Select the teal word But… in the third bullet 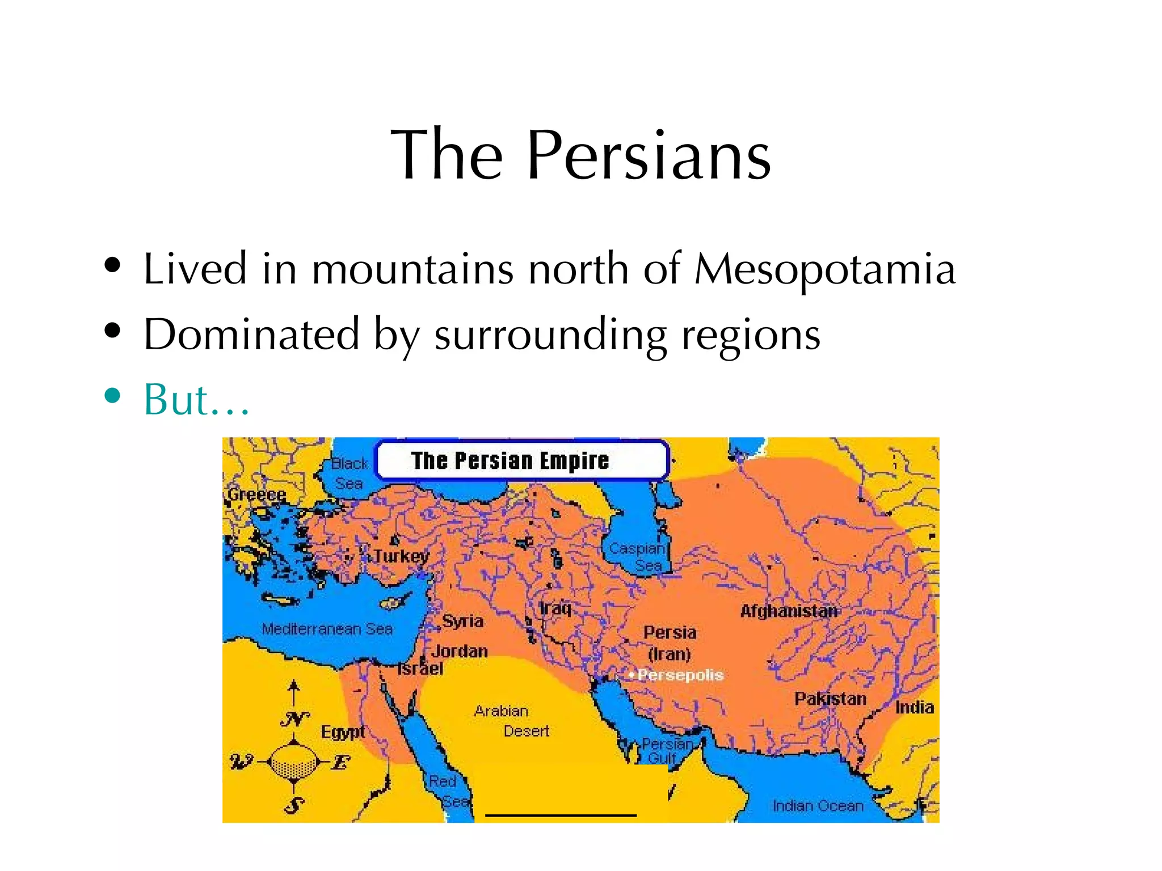click(196, 399)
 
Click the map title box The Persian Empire click(521, 460)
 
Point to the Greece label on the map click(256, 494)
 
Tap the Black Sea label click(349, 473)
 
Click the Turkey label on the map click(401, 556)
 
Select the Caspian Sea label click(637, 557)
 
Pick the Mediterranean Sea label click(327, 629)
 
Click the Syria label click(462, 621)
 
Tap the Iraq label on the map click(555, 608)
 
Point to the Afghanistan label click(789, 611)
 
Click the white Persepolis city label click(680, 675)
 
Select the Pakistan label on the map click(830, 699)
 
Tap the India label click(914, 707)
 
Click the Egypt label click(343, 732)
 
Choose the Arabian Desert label click(512, 721)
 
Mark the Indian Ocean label click(818, 806)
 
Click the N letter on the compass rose click(294, 719)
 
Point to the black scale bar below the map click(561, 815)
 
